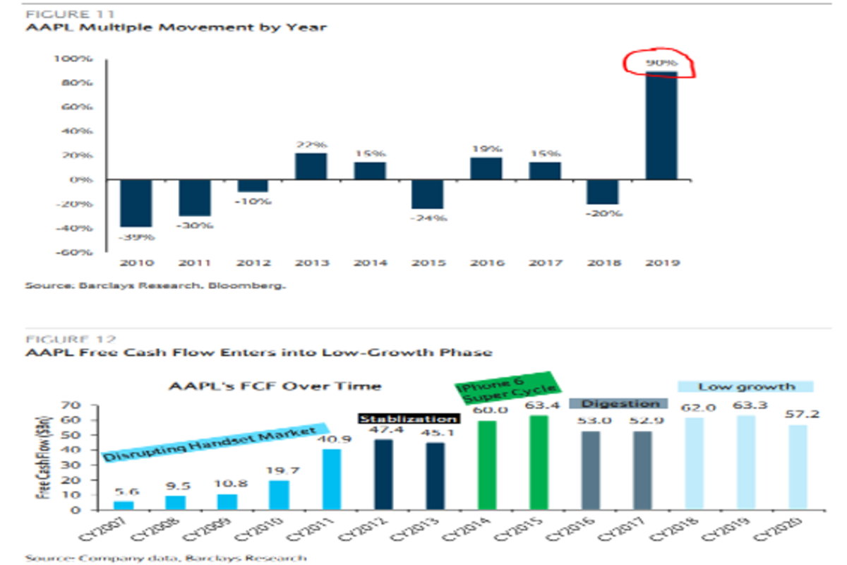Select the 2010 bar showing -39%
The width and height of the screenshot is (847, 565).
click(135, 203)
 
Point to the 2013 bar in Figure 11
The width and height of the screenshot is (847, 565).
click(311, 166)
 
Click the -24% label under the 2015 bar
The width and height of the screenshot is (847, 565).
click(428, 218)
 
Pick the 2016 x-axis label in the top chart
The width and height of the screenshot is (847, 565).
click(486, 263)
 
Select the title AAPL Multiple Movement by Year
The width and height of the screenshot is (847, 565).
click(176, 28)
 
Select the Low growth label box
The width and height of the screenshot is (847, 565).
click(746, 387)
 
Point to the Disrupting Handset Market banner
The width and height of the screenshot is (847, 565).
click(215, 443)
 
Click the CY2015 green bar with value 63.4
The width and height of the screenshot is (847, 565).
click(539, 462)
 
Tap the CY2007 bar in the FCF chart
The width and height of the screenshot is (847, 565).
click(123, 505)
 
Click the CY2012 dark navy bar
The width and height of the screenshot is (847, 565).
click(383, 474)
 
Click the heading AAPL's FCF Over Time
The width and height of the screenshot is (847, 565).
click(275, 386)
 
